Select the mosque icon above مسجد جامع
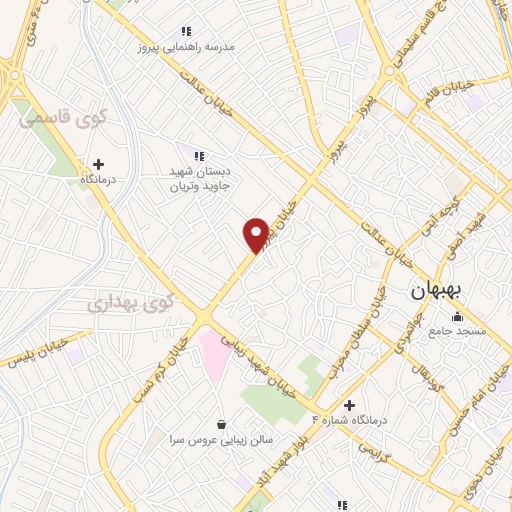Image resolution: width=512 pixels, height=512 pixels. pyautogui.click(x=457, y=317)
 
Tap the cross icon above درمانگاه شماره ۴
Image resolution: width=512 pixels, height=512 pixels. pyautogui.click(x=349, y=405)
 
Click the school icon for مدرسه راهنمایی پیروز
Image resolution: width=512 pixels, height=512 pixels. pyautogui.click(x=186, y=32)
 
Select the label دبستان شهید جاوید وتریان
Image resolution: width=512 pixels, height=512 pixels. pyautogui.click(x=205, y=178)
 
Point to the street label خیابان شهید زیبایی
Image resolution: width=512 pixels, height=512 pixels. pyautogui.click(x=263, y=361)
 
